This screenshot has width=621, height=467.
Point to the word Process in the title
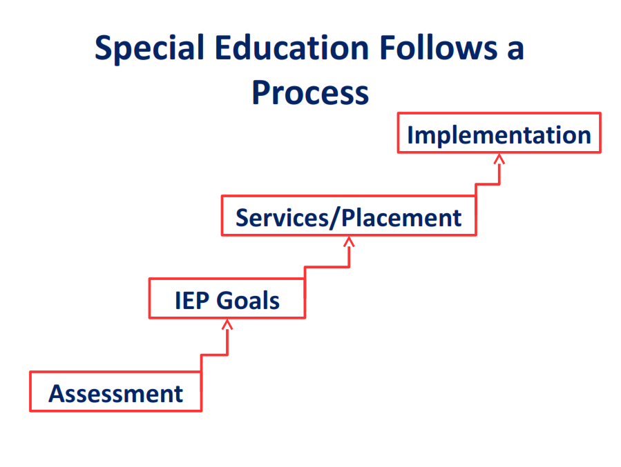[310, 92]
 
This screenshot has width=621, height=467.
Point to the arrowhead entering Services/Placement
[349, 241]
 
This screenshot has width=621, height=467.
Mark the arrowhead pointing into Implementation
[499, 158]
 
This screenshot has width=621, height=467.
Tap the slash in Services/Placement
[338, 218]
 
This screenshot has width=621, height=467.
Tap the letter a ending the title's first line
[515, 50]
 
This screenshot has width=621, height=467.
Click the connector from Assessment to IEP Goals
[214, 355]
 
